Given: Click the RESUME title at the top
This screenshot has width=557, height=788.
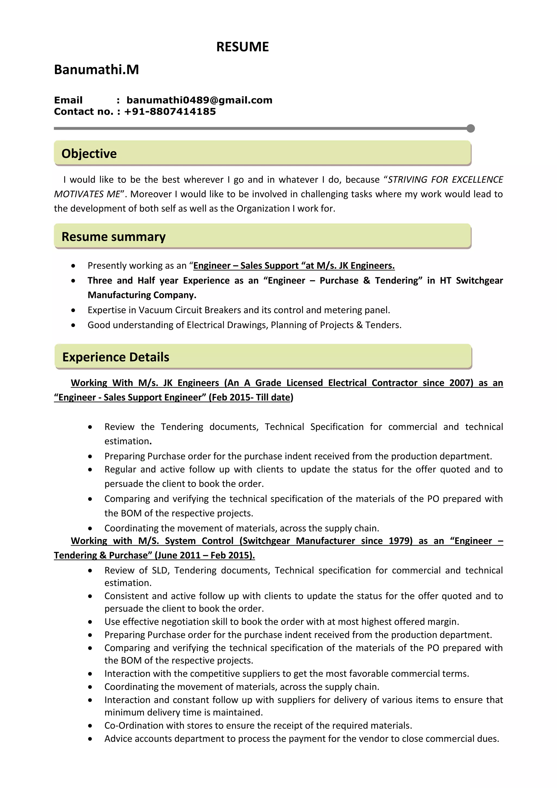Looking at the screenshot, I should (243, 47).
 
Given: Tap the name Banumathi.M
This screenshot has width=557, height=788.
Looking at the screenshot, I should (96, 70).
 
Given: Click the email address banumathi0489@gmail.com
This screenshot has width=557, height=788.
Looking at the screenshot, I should (199, 100).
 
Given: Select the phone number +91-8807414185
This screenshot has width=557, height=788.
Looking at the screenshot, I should (170, 112).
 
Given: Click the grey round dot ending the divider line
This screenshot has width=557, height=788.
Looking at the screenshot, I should (471, 128).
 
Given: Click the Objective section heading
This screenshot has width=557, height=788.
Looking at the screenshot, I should (89, 153).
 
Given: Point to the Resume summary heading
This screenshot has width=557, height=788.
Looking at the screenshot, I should (113, 236).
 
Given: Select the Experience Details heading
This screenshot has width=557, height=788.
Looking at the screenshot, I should (116, 357).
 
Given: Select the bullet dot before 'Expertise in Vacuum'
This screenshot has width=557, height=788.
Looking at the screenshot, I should (73, 310).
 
